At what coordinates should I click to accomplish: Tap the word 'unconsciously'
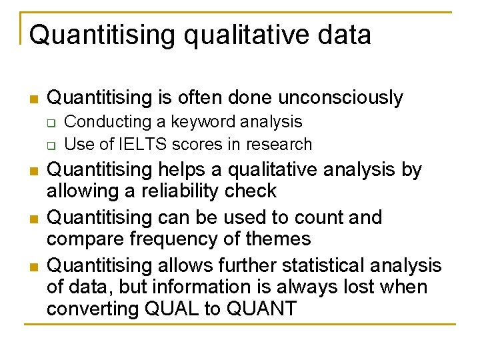pyautogui.click(x=341, y=98)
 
